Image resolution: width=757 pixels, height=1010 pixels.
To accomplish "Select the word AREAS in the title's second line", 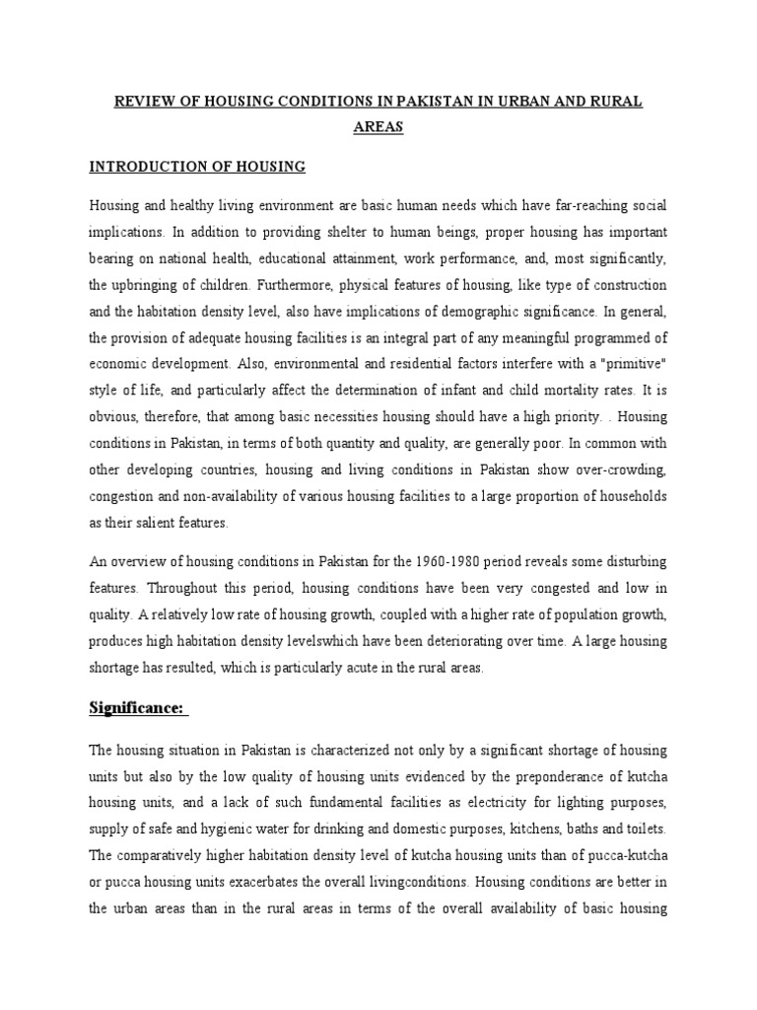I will pyautogui.click(x=378, y=127).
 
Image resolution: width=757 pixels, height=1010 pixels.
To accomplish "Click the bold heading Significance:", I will pyautogui.click(x=138, y=707).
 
